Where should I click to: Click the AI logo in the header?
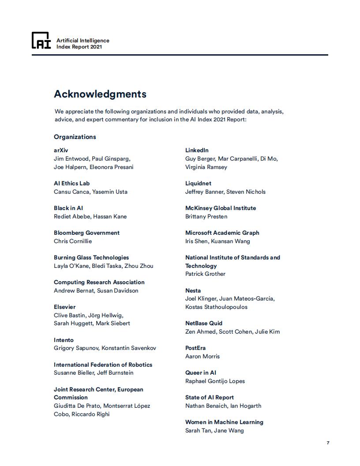coord(41,41)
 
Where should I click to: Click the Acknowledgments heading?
coord(100,94)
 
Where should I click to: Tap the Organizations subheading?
coord(75,137)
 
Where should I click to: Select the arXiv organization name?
coord(61,150)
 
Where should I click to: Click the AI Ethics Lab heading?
coord(71,183)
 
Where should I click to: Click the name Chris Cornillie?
coord(73,241)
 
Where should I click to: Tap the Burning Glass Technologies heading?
coord(91,257)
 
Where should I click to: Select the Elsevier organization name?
coord(64,307)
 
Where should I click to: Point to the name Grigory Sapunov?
coord(76,348)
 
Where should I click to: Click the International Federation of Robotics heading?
coord(103,365)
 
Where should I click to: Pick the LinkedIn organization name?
coord(197,150)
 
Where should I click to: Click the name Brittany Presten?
coord(206,216)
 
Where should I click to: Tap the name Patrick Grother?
coord(205,274)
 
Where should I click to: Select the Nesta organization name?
coord(193,290)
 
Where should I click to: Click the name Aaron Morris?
coord(202,356)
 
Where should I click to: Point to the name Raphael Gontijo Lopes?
coord(215,381)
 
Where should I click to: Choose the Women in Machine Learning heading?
coord(224,422)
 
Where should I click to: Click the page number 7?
coord(328,443)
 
